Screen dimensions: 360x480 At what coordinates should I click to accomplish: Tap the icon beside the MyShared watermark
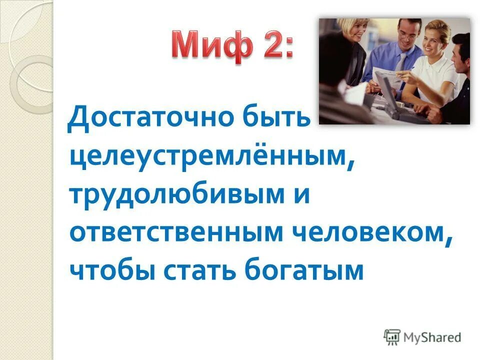point(392,337)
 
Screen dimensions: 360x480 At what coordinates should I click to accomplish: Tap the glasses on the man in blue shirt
point(407,35)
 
